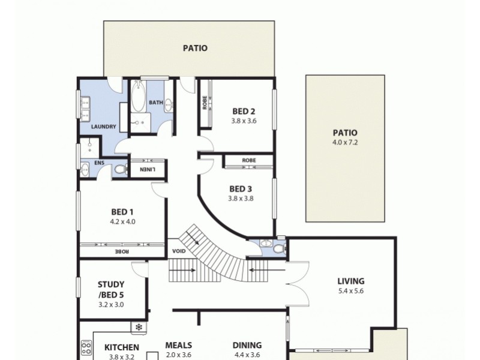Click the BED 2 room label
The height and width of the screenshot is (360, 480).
point(244,110)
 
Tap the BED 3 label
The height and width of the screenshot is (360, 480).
point(241,188)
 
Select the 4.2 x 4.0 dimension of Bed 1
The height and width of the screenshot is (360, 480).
point(123,221)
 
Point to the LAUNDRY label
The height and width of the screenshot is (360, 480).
point(103,127)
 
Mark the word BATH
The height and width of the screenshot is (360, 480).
point(156,103)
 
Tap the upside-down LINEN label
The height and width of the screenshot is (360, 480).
point(148,169)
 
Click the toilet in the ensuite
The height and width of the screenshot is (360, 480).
point(120,170)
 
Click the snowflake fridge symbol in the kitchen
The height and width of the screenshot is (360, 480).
point(139,328)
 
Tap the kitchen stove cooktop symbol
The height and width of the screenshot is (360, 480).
point(86,348)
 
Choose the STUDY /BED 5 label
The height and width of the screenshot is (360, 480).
point(111,289)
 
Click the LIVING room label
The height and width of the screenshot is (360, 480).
point(351,281)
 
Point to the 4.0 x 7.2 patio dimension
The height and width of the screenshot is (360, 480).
point(345,142)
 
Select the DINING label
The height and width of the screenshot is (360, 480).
point(247,345)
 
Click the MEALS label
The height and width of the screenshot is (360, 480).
point(178,345)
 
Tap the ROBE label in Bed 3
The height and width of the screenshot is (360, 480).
point(249,161)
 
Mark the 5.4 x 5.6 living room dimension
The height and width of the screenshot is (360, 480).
point(351,291)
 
